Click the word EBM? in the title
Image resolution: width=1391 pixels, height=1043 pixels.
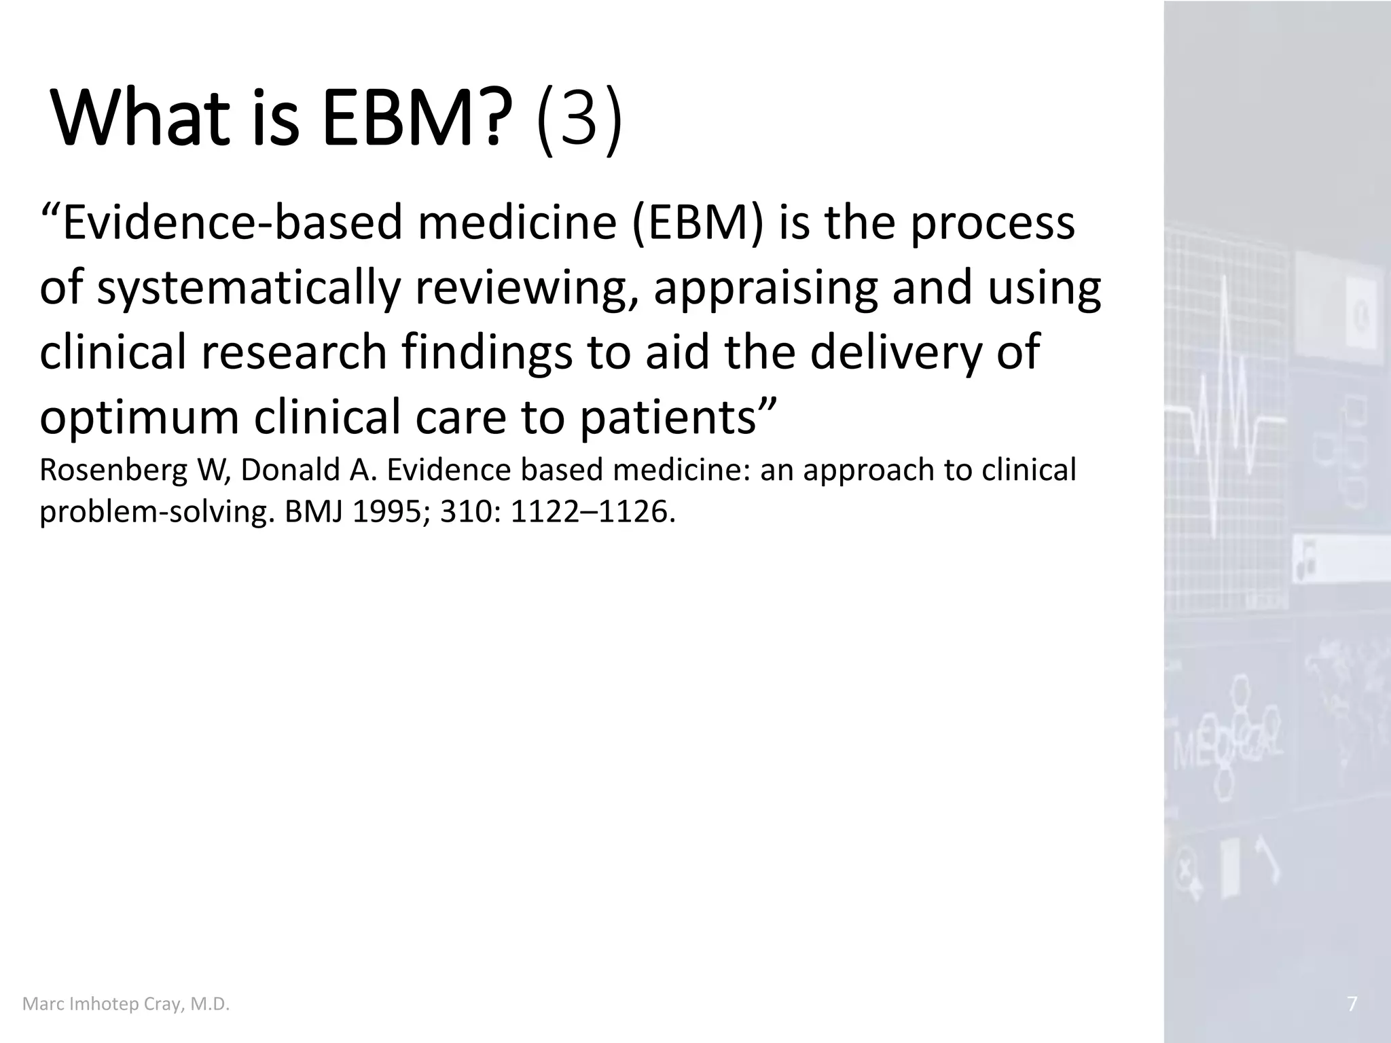pos(416,121)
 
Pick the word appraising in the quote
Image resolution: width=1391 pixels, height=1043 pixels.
pos(765,289)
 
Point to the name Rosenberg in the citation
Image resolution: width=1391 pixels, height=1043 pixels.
pos(113,470)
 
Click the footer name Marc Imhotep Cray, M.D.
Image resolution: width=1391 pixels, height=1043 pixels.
pos(126,1004)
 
